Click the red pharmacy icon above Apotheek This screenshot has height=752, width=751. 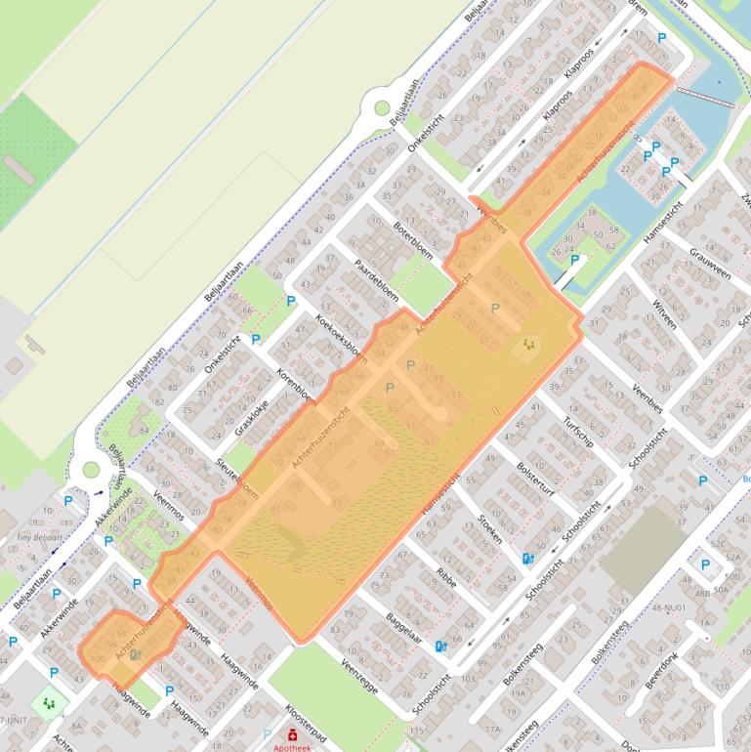click(292, 731)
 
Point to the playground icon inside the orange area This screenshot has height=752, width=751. click(528, 344)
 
